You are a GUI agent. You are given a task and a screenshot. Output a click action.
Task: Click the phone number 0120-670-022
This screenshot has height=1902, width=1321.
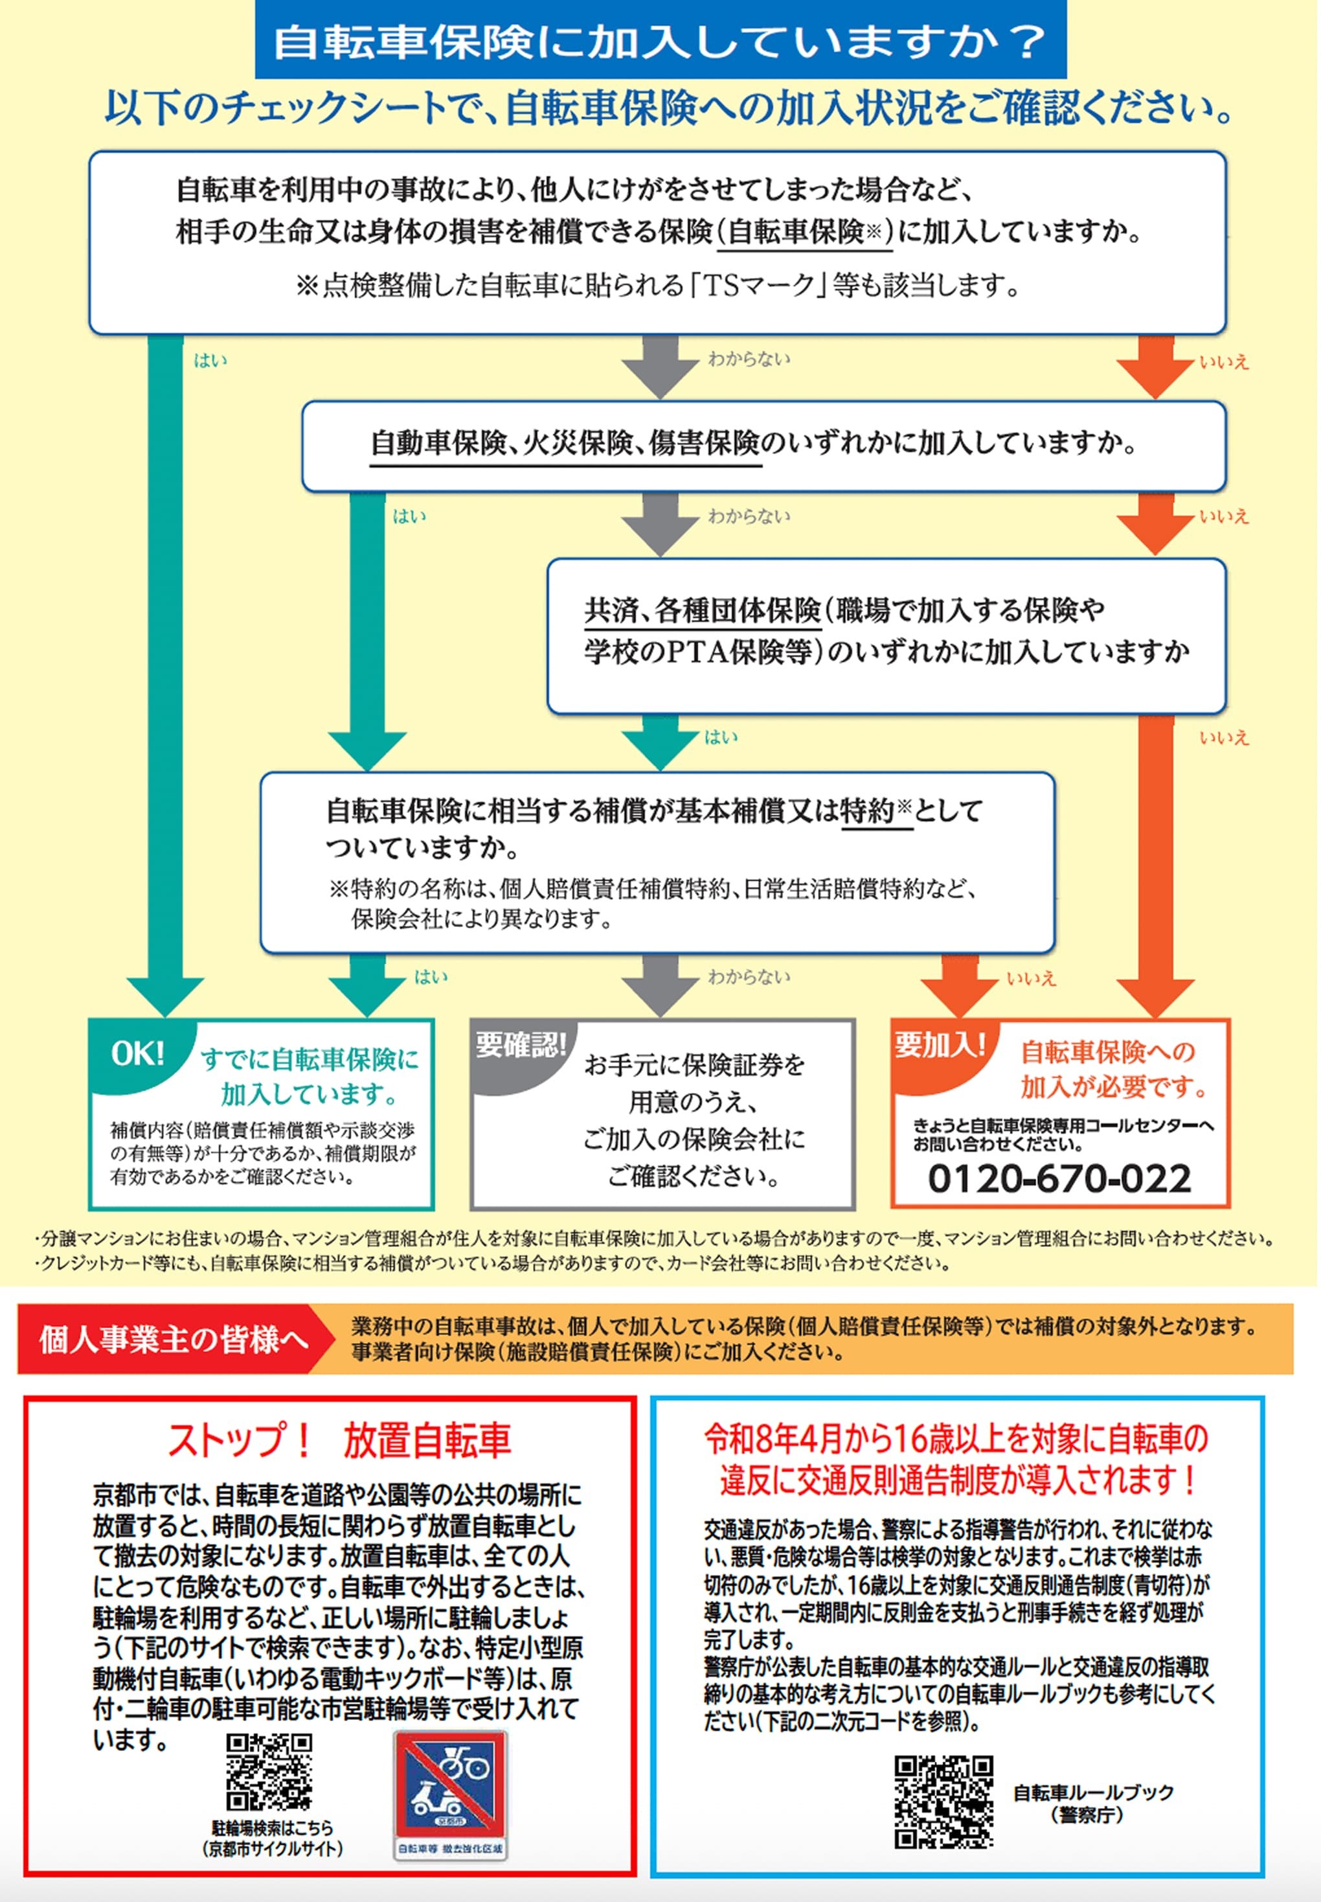pos(1059,1178)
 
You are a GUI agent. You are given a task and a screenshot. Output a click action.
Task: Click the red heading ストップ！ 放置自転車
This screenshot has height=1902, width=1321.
pos(339,1441)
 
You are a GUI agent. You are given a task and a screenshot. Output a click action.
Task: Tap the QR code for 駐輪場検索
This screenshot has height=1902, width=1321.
pos(269,1773)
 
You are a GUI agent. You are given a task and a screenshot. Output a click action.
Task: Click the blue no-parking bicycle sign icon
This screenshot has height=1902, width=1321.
pos(449,1786)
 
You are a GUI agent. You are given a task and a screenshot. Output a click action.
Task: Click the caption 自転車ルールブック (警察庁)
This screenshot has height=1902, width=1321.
pos(1092,1804)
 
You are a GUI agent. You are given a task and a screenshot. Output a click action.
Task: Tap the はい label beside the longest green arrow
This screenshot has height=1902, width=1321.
pos(210,360)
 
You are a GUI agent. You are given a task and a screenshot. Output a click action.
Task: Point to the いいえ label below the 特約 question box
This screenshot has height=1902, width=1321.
pos(1030,979)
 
